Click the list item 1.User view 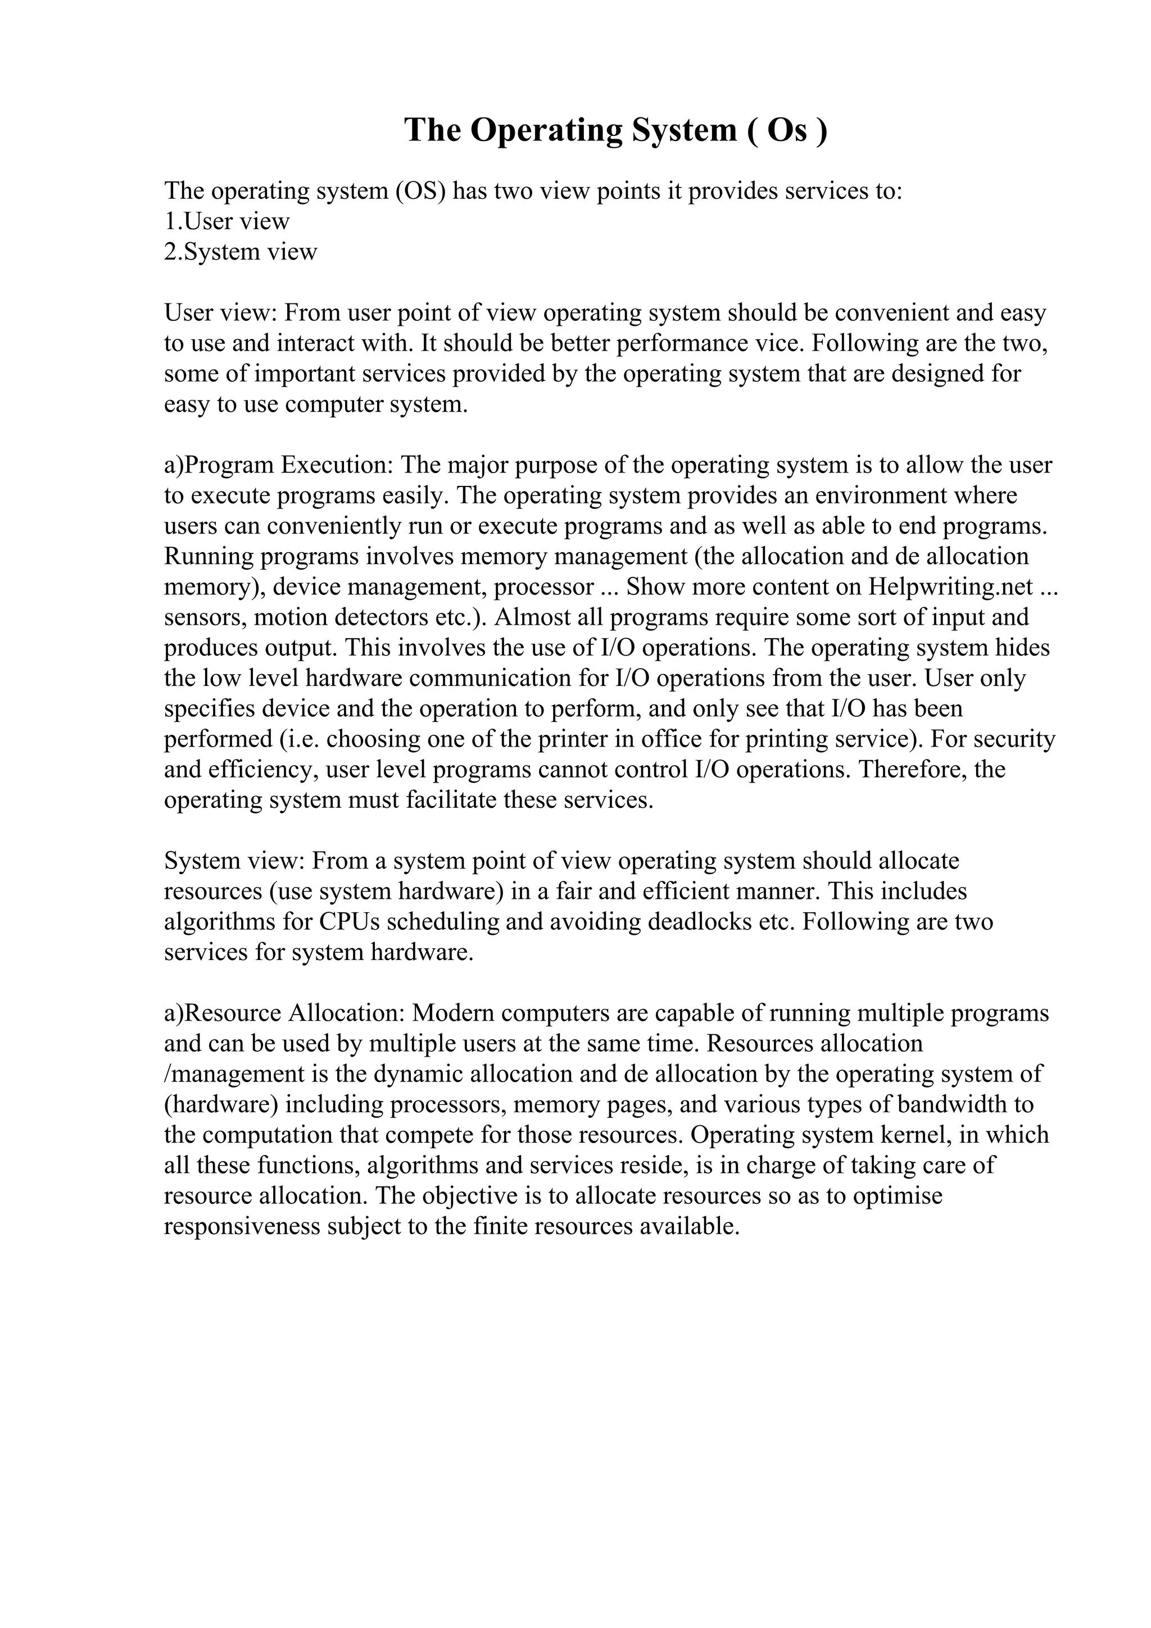(227, 221)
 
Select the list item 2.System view (241, 252)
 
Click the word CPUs (349, 922)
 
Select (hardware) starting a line (220, 1104)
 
